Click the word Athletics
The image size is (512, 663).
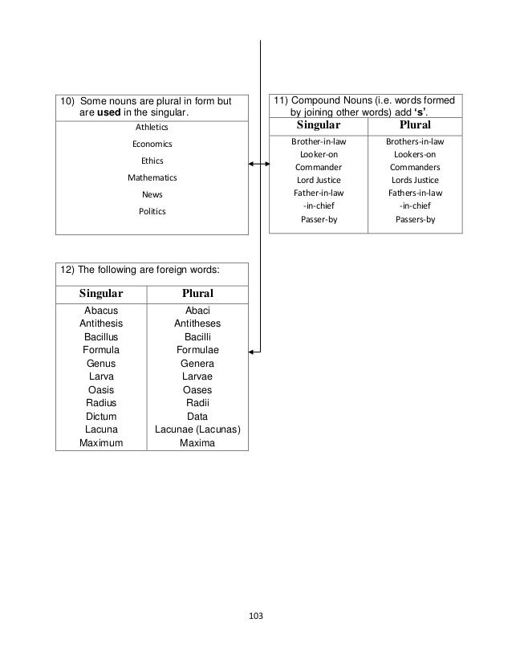click(x=152, y=127)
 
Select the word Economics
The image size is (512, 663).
click(x=152, y=144)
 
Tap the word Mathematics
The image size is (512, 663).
click(x=152, y=177)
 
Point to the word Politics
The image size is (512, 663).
click(x=152, y=211)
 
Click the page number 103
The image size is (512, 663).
click(x=256, y=616)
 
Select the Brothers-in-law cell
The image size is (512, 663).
click(x=414, y=141)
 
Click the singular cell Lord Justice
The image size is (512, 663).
click(x=318, y=180)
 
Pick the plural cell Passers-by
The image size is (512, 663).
click(x=414, y=218)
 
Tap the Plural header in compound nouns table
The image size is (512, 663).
click(x=414, y=125)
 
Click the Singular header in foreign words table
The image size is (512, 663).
click(x=101, y=294)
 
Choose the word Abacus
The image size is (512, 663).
click(x=101, y=311)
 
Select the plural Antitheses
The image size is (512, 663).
click(x=197, y=323)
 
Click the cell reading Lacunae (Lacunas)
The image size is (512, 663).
click(x=197, y=429)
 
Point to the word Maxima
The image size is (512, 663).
click(x=197, y=442)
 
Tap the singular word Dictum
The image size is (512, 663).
click(x=101, y=417)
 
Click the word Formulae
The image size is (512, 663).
click(x=197, y=350)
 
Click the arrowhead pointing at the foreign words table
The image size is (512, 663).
click(x=253, y=351)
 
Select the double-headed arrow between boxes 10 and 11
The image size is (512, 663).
click(x=258, y=165)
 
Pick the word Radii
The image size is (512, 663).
click(x=197, y=403)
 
